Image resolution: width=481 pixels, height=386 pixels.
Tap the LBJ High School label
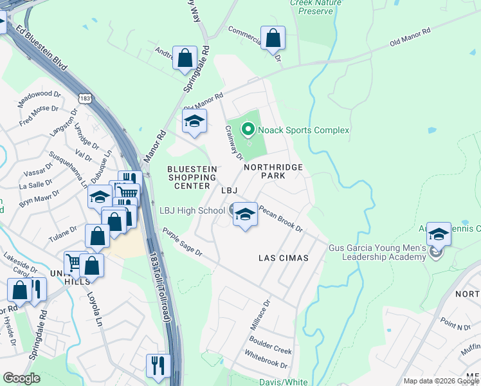coord(192,210)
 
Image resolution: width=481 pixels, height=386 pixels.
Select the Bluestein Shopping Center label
coord(192,177)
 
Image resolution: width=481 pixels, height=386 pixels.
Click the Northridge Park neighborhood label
coord(273,170)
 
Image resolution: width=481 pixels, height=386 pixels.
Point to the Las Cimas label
coord(283,258)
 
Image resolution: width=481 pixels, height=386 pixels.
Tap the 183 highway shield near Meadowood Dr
coord(85,98)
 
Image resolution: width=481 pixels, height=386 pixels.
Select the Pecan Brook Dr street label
coord(280,219)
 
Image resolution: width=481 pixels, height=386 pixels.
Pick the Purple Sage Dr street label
coord(182,243)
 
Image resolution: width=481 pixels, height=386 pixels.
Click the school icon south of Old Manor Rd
coord(194,120)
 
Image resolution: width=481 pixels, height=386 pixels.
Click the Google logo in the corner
coord(22,378)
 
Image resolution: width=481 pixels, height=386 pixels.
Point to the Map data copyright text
coord(440,381)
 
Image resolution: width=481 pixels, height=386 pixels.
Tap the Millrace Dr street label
coord(260,315)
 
